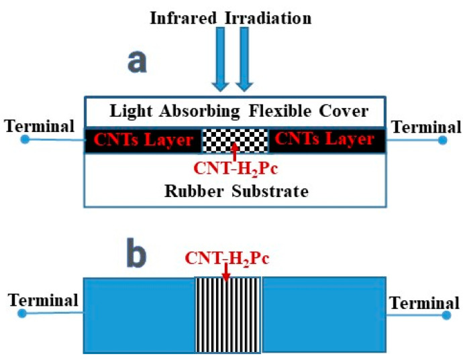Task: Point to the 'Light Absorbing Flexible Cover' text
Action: (239, 111)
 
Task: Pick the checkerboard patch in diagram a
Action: (235, 141)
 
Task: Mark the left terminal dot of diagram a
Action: (25, 139)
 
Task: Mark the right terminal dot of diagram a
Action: (443, 140)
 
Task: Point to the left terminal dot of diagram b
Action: (23, 312)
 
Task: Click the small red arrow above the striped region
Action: (226, 272)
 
